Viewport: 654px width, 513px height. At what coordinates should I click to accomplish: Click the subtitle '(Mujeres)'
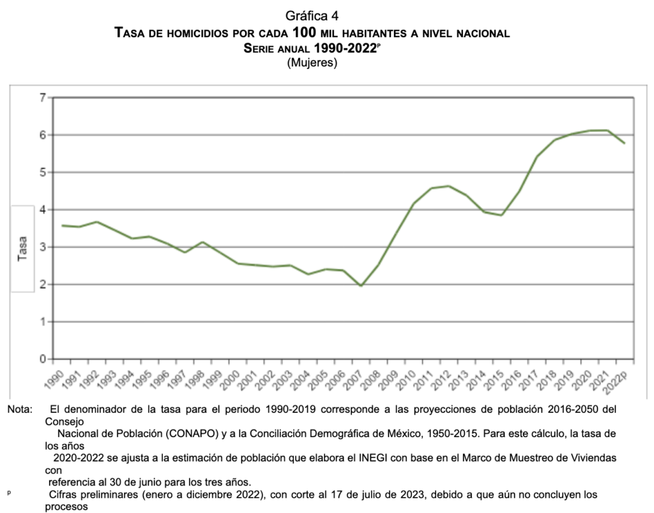coord(312,63)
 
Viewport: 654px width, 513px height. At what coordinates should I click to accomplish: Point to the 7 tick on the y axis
coord(43,98)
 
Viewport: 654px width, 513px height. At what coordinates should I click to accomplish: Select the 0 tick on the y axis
coord(43,359)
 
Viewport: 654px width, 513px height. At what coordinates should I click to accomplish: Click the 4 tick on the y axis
coord(43,210)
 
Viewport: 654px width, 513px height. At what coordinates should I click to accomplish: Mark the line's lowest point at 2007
coord(361,286)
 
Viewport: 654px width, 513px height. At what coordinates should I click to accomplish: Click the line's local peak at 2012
coord(449,186)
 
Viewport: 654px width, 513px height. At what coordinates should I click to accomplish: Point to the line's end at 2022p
coord(624,143)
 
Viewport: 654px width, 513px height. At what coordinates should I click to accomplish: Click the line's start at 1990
coord(62,226)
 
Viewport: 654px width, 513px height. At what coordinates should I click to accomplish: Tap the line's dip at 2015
coord(501,215)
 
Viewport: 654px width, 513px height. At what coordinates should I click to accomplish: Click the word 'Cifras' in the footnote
coord(65,494)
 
